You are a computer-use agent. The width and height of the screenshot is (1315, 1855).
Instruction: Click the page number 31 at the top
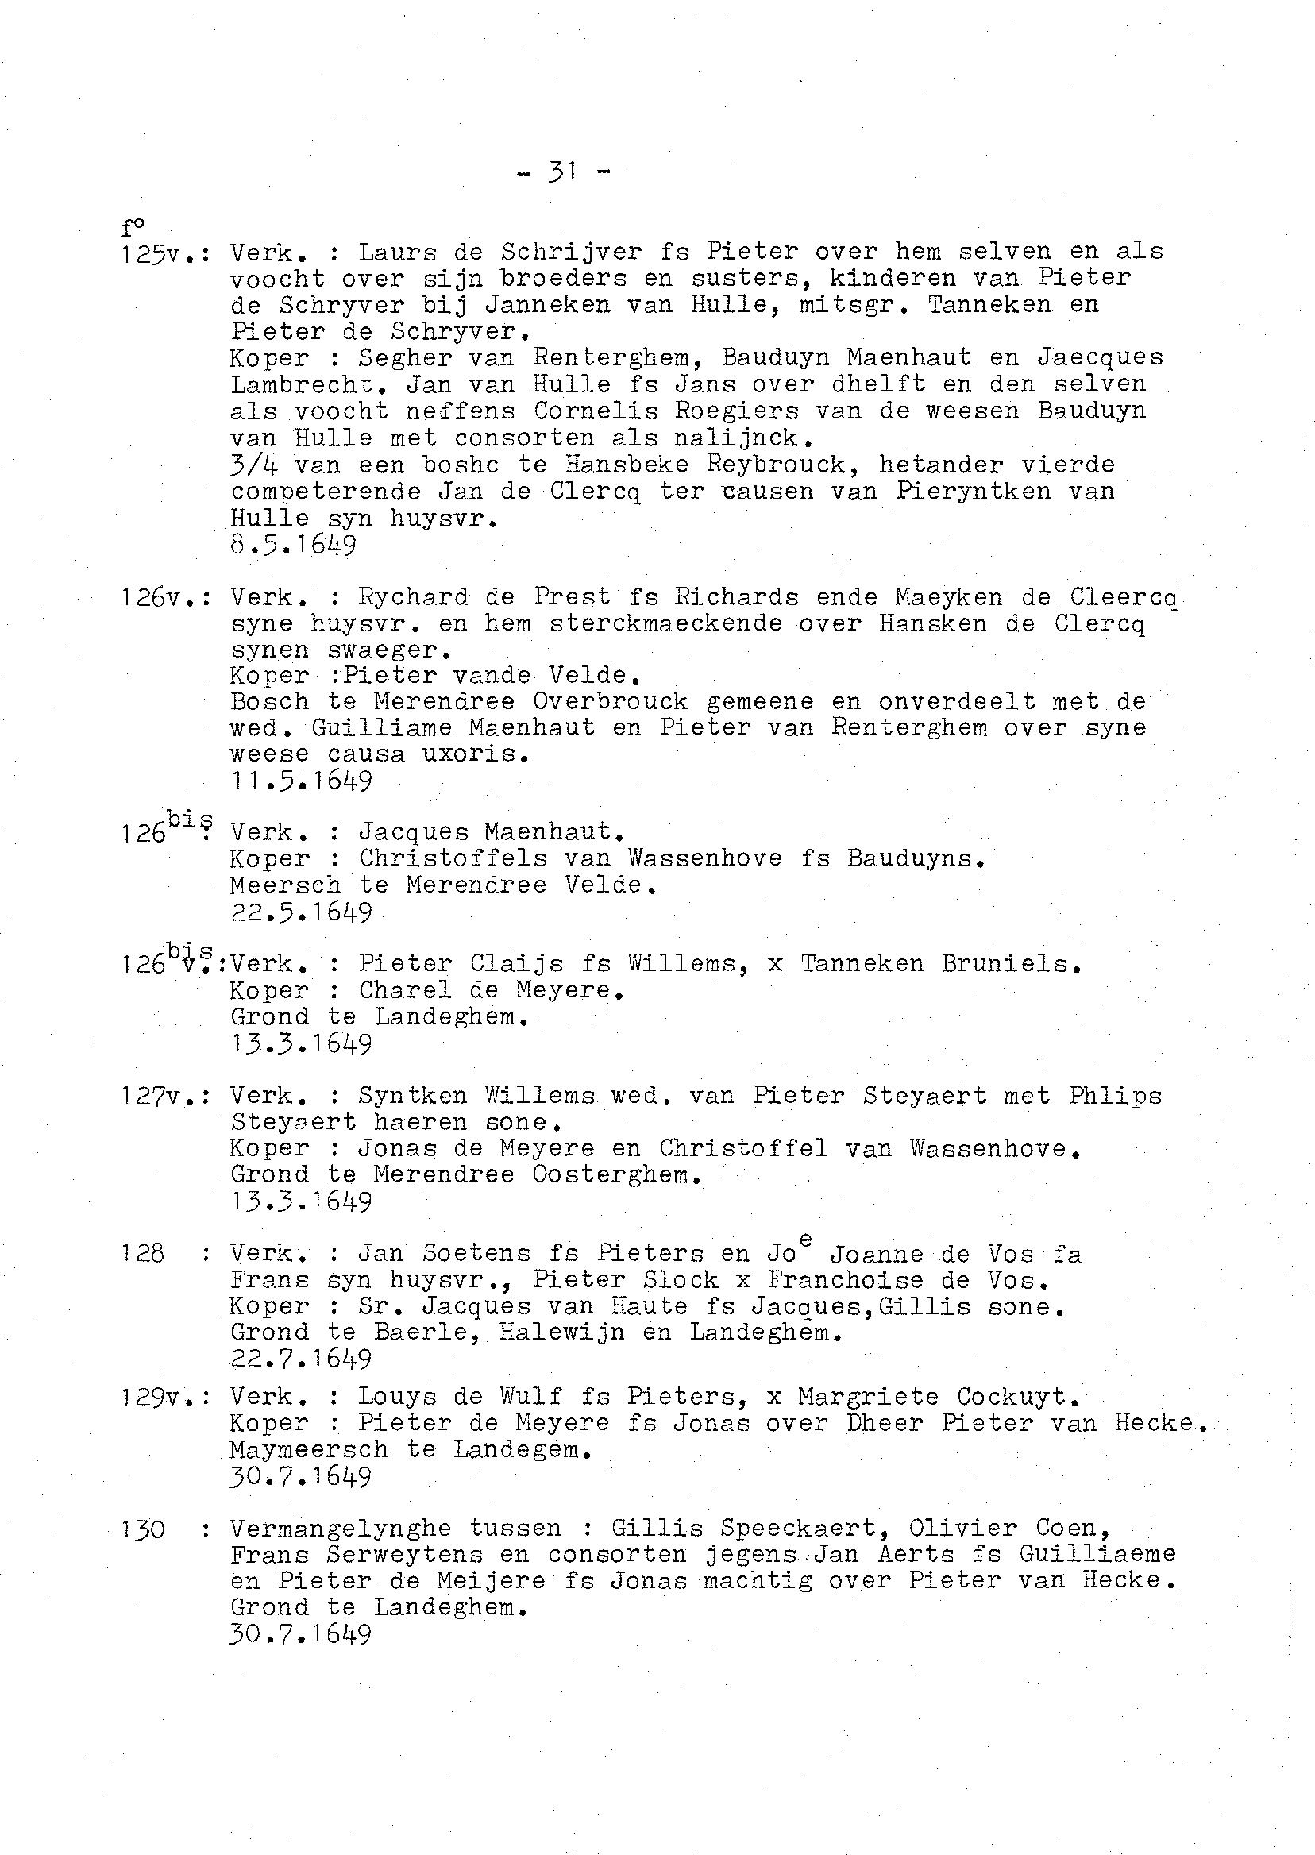point(561,171)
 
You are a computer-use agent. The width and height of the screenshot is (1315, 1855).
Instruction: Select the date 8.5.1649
point(293,545)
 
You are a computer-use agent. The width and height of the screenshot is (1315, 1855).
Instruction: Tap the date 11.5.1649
point(301,781)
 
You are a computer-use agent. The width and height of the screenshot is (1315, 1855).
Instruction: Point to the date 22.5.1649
point(301,912)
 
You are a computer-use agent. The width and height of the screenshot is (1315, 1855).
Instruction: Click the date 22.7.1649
point(301,1358)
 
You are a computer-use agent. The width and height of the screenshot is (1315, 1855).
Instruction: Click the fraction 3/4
point(254,465)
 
